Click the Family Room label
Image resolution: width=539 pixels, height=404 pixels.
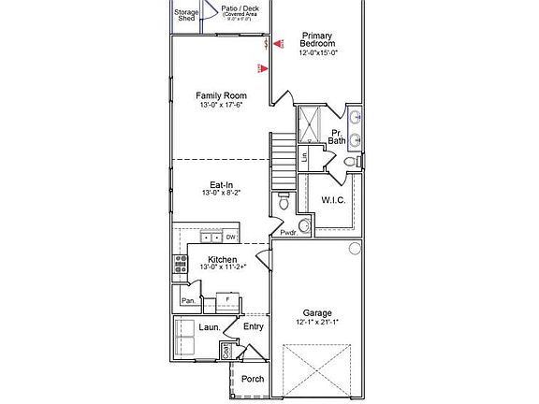(221, 95)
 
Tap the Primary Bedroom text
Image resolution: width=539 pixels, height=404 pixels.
(317, 39)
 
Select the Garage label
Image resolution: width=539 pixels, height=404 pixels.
(316, 313)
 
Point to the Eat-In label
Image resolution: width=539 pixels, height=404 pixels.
(221, 185)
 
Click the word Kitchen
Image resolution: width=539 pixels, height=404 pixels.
(222, 259)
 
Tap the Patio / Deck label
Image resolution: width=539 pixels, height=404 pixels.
(239, 8)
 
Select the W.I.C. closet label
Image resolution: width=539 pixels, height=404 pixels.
(334, 199)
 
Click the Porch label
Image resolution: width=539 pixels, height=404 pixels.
(253, 379)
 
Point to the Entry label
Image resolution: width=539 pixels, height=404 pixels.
(254, 326)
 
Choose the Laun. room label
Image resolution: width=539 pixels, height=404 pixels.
(210, 327)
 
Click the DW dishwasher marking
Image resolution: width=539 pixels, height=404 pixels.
(229, 238)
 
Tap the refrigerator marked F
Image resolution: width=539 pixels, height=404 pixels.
(227, 301)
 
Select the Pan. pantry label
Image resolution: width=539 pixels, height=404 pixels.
(188, 300)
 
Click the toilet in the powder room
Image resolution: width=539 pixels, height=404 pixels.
(284, 201)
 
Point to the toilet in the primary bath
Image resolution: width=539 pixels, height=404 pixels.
(350, 163)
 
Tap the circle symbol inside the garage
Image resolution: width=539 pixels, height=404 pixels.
(354, 248)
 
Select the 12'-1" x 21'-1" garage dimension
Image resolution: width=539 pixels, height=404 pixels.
(316, 324)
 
